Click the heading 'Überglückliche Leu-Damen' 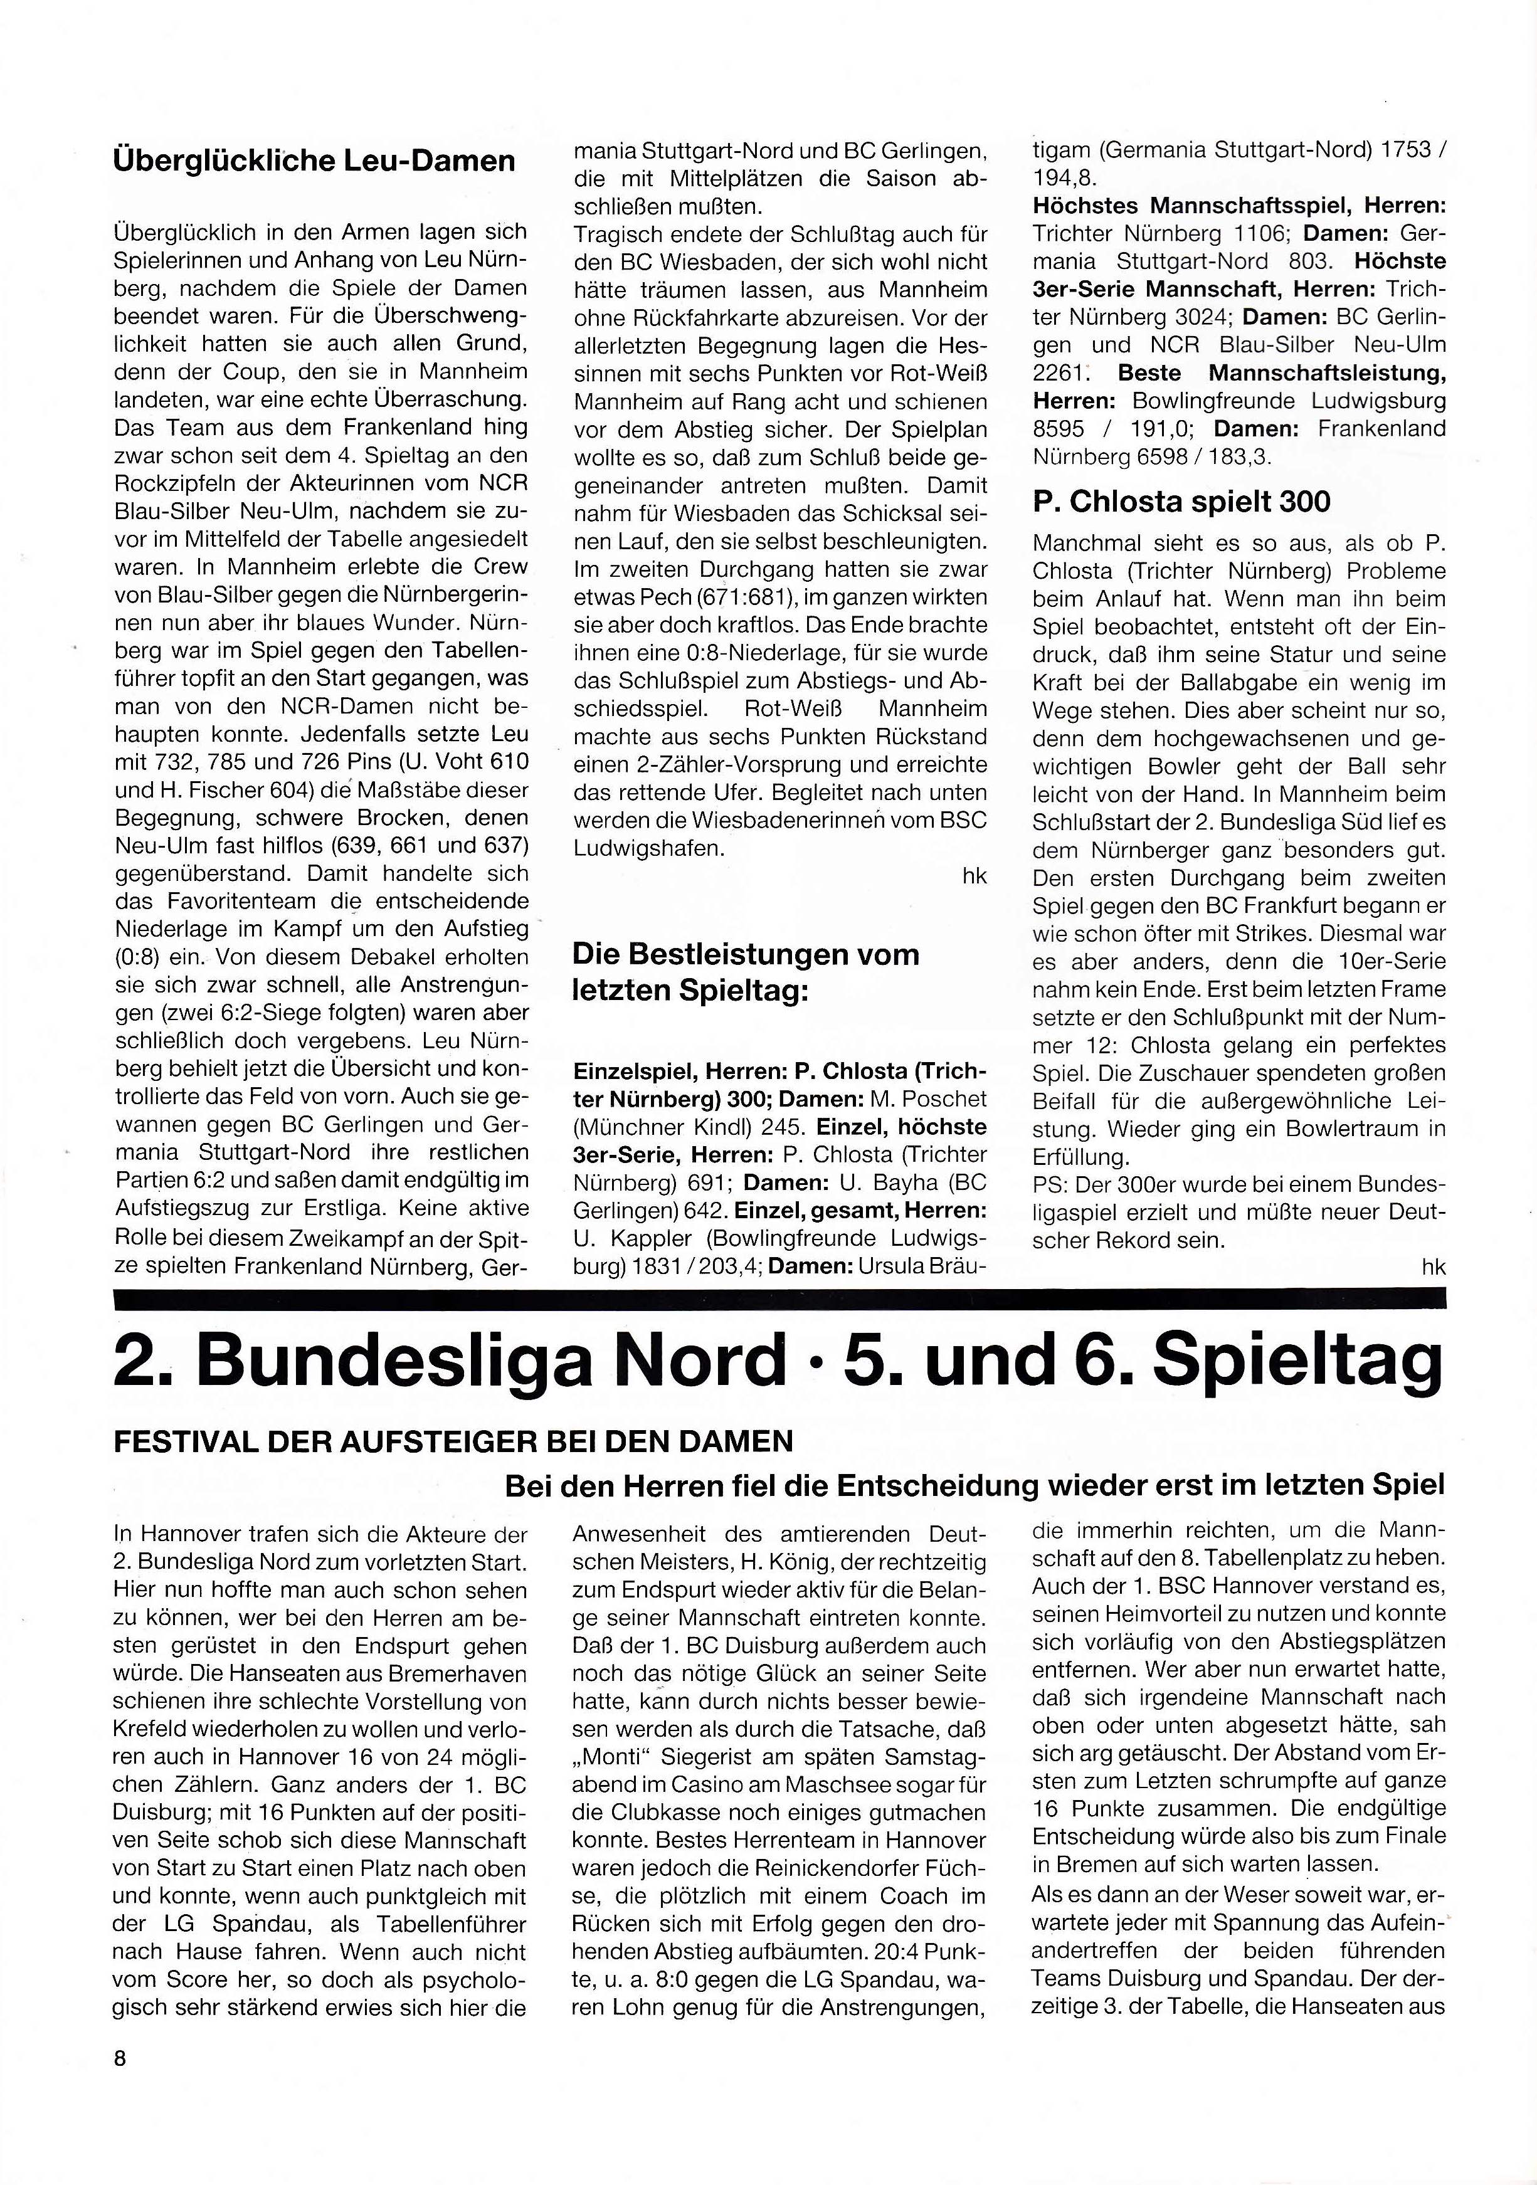coord(314,160)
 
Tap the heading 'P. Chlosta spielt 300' coord(1181,502)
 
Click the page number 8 coord(120,2058)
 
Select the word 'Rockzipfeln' coord(171,483)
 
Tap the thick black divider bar coord(778,1298)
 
